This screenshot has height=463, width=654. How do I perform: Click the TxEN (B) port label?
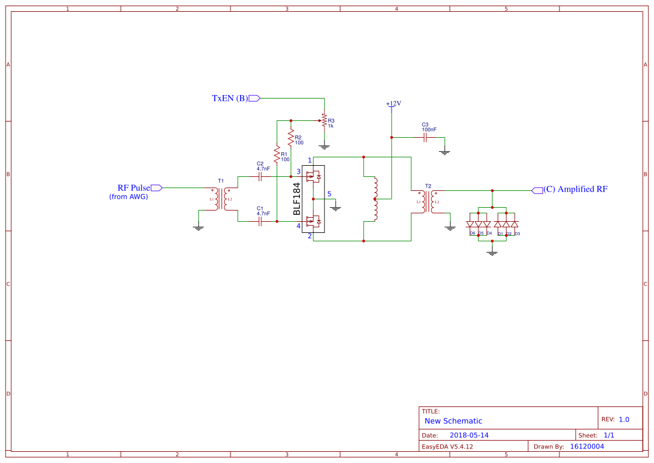click(229, 99)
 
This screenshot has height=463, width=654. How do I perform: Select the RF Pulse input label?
click(134, 188)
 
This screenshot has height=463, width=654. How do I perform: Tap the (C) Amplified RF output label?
click(575, 189)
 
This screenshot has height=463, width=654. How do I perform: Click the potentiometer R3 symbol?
click(324, 120)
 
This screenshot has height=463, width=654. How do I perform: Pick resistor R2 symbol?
click(290, 138)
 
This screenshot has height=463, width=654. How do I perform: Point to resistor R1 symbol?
click(276, 152)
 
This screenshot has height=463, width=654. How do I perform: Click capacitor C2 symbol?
click(260, 176)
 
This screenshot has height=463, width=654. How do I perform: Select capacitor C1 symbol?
click(260, 221)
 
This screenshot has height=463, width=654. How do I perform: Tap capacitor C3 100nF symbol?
click(425, 137)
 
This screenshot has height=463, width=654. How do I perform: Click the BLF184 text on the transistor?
click(297, 199)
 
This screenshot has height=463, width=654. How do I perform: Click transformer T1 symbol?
click(221, 199)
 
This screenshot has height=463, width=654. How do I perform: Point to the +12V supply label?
click(393, 104)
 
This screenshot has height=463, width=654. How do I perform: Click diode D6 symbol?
click(470, 224)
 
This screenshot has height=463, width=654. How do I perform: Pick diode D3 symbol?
click(515, 224)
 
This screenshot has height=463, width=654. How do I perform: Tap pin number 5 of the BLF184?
click(330, 194)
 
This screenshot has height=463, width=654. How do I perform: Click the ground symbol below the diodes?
click(492, 252)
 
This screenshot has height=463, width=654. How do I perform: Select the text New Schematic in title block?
click(453, 421)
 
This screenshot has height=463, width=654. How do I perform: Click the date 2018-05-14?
click(469, 435)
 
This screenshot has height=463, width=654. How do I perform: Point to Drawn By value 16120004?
click(587, 447)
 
